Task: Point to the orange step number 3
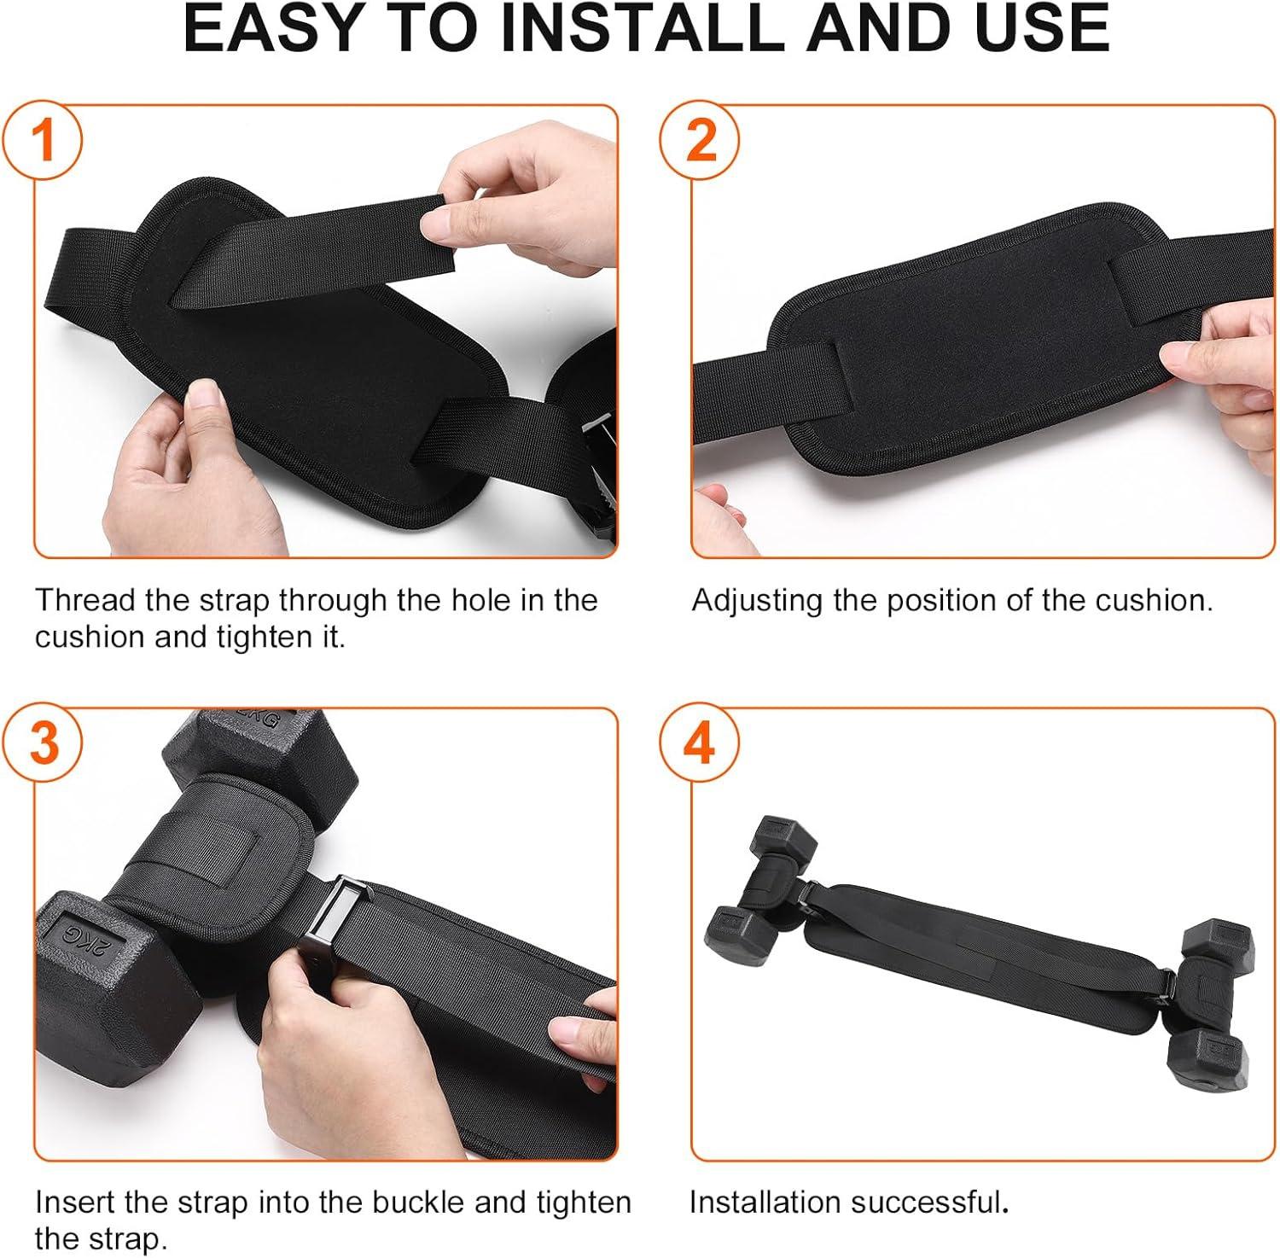coord(44,742)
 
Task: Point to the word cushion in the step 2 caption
coord(1154,600)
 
